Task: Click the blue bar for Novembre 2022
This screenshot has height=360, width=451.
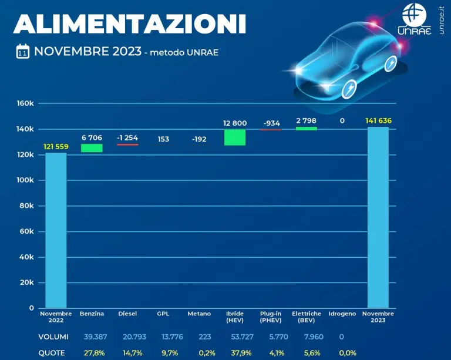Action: (x=56, y=230)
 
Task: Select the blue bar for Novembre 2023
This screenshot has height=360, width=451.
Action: (x=378, y=217)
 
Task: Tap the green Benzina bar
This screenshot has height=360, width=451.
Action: (x=92, y=148)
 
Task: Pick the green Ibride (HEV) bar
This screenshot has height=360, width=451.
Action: (x=234, y=137)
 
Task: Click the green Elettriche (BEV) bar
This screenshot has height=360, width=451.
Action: (x=307, y=128)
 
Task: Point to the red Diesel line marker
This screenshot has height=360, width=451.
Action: (x=127, y=144)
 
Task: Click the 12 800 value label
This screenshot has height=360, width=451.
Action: (x=235, y=123)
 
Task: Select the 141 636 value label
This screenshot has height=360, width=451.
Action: (x=378, y=121)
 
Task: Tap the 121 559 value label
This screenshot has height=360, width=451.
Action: (x=56, y=146)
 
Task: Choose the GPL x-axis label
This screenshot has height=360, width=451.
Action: (x=163, y=314)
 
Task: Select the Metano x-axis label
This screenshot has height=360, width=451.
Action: (x=199, y=314)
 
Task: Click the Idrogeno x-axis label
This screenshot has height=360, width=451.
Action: (x=342, y=314)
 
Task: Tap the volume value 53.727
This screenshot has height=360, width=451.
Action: (x=235, y=337)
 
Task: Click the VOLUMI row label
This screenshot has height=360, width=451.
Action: (x=54, y=337)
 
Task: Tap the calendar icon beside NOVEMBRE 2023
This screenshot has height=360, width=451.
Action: (x=23, y=52)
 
